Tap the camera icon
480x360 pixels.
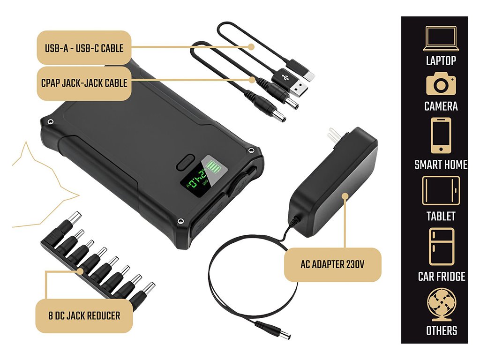pyautogui.click(x=441, y=84)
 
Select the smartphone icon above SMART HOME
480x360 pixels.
pyautogui.click(x=441, y=135)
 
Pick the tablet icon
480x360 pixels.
pyautogui.click(x=441, y=190)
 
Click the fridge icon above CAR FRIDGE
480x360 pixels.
pyautogui.click(x=441, y=247)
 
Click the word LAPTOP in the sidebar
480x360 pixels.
pyautogui.click(x=441, y=60)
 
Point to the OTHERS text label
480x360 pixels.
pyautogui.click(x=441, y=330)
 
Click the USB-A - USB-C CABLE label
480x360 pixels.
pyautogui.click(x=84, y=48)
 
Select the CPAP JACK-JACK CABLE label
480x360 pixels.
pyautogui.click(x=84, y=83)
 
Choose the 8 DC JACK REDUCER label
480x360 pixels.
pyautogui.click(x=84, y=316)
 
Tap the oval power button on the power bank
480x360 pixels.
pyautogui.click(x=184, y=162)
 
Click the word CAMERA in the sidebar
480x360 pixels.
pyautogui.click(x=441, y=106)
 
